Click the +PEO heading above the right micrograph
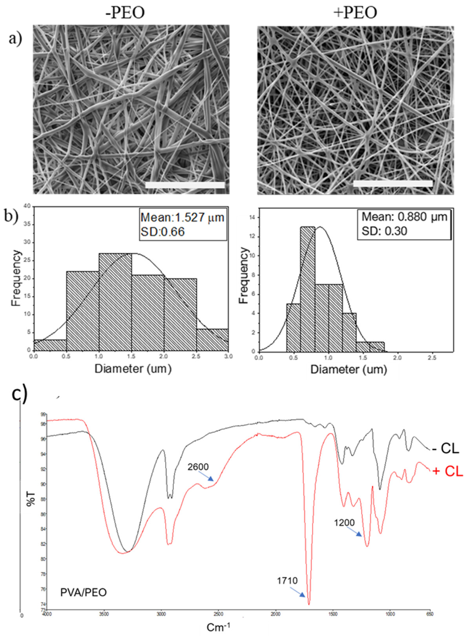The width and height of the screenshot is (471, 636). (x=356, y=13)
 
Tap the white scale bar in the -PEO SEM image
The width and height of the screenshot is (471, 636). (x=185, y=185)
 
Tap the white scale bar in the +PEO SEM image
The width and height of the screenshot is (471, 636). (x=393, y=183)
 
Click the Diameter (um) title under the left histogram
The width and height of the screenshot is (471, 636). (x=133, y=369)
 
